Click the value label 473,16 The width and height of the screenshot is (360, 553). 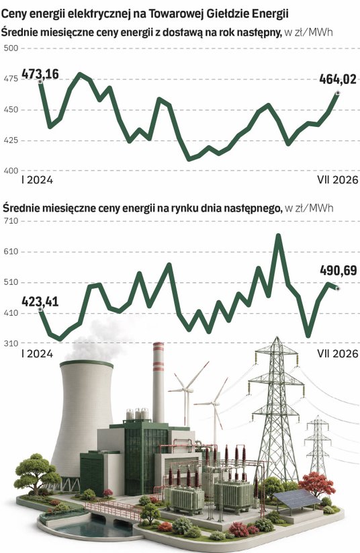tap(40, 75)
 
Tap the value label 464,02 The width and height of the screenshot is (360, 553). tap(338, 79)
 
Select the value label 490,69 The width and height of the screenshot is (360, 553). tap(339, 271)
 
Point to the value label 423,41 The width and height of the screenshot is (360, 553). tap(40, 302)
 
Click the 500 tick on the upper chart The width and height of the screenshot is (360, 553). tap(11, 48)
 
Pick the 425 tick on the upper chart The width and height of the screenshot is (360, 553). tap(11, 140)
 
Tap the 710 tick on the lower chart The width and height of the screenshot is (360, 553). tap(11, 221)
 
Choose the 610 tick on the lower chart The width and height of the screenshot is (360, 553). tap(11, 252)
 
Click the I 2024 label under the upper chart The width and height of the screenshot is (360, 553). tap(37, 180)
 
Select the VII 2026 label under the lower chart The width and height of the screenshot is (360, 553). tap(337, 353)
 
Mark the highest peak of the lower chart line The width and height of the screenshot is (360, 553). tap(279, 235)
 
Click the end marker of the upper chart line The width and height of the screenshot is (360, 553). tap(338, 93)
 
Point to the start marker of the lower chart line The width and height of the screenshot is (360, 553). tap(40, 309)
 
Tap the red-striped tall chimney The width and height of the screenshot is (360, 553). tap(159, 382)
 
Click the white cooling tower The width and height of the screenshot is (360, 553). tap(83, 416)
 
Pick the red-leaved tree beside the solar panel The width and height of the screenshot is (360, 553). tap(316, 484)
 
